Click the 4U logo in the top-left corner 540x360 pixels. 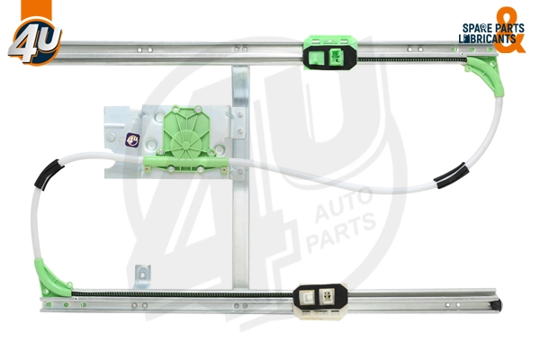35,40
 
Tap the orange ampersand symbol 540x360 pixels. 510,30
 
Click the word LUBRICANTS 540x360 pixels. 487,39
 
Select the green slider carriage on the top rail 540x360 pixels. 330,52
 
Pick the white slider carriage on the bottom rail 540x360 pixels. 320,301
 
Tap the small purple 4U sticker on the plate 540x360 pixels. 132,139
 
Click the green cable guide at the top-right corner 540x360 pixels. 486,75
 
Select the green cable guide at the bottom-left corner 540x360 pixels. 51,279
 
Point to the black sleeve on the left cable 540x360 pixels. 49,174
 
